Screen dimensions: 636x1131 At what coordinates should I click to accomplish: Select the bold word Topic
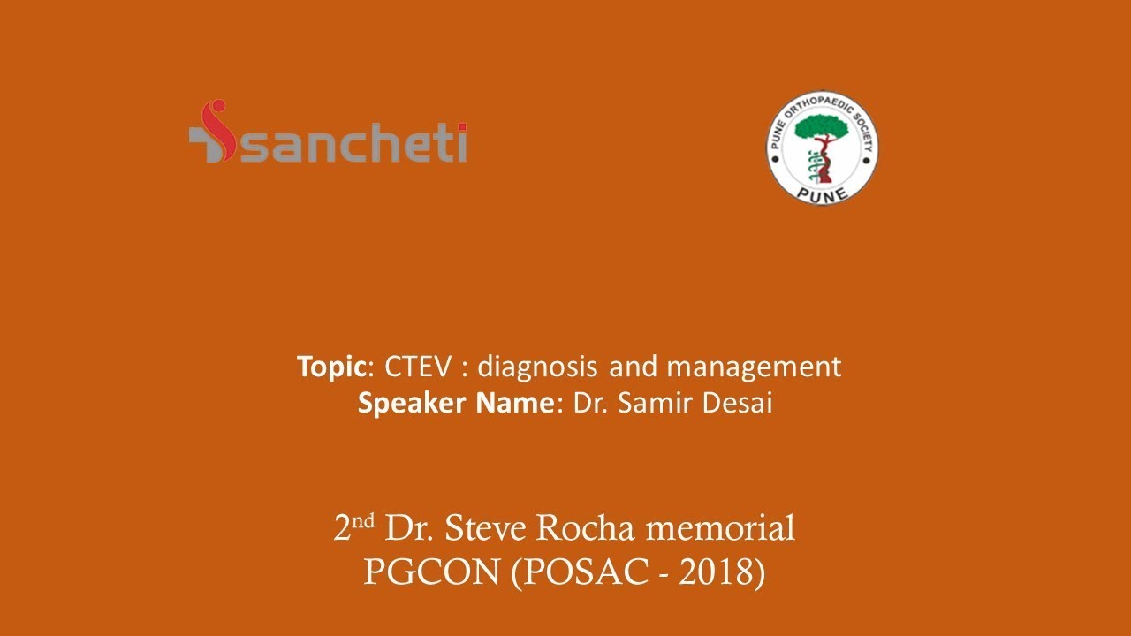[330, 367]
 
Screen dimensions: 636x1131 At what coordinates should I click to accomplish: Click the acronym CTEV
[417, 367]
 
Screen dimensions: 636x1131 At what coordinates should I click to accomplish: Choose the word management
[754, 367]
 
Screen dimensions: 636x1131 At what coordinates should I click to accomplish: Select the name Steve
[485, 529]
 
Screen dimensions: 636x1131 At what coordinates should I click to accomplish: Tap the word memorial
[721, 529]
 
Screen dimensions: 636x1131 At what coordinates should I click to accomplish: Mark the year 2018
[715, 572]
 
